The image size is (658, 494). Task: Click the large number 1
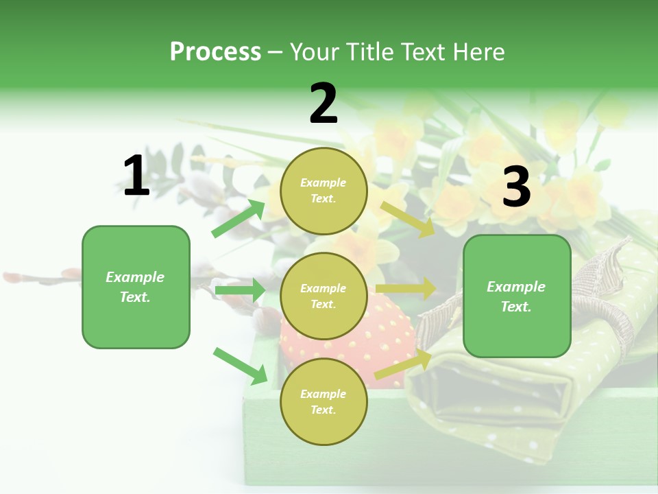(x=136, y=176)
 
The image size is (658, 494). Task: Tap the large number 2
(x=324, y=104)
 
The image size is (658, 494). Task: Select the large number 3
(x=516, y=187)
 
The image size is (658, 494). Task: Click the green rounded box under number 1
(x=136, y=287)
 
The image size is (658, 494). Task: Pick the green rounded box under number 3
(x=517, y=296)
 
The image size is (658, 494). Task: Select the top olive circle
(x=324, y=191)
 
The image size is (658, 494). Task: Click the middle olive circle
(x=324, y=296)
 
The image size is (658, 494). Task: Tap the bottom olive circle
(x=324, y=401)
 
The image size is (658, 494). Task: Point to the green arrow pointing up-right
(x=239, y=218)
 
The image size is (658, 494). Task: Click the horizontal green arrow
(x=239, y=290)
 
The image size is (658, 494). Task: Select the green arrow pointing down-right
(x=240, y=366)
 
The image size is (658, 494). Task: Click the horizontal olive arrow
(x=405, y=289)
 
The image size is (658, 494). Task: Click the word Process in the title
(x=215, y=51)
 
